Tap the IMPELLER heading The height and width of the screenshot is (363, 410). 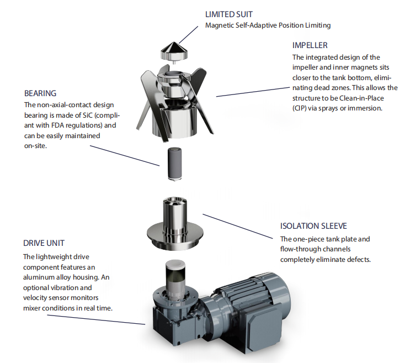point(311,45)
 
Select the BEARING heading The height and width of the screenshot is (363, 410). point(40,93)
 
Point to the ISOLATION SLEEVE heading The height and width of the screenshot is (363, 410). point(316,227)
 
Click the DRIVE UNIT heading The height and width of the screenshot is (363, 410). point(45,244)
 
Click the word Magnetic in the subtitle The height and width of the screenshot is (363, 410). point(220,25)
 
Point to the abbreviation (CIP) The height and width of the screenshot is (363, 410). point(302,109)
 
